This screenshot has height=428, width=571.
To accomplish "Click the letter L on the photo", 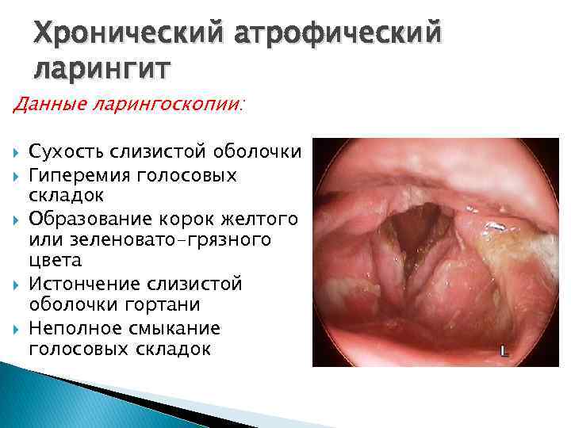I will coord(504,351).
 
